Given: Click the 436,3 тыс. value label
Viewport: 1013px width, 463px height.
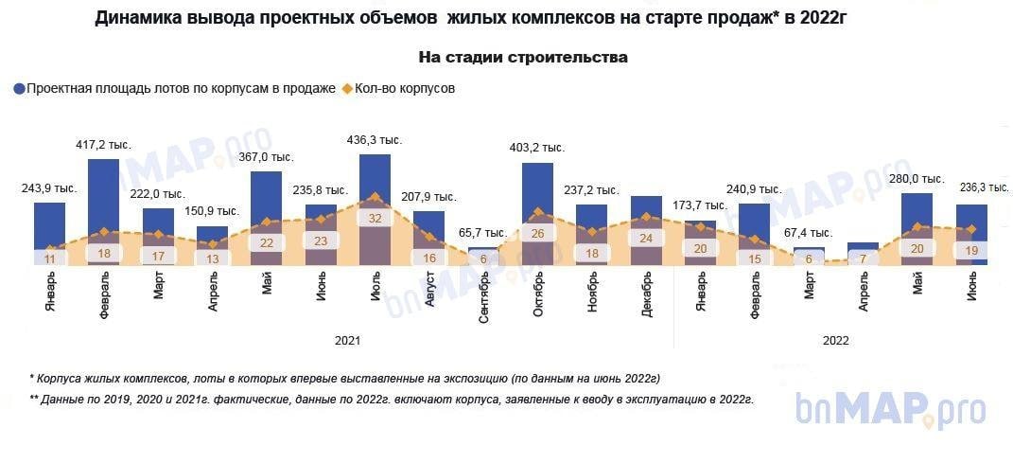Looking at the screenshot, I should pyautogui.click(x=376, y=140).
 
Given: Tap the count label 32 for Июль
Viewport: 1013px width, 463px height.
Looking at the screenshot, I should pyautogui.click(x=376, y=218).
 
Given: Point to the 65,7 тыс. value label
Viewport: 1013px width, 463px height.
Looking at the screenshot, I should pyautogui.click(x=482, y=233).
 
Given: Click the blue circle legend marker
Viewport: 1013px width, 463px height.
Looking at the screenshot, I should pyautogui.click(x=19, y=88).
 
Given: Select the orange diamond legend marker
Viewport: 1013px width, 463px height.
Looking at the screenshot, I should pyautogui.click(x=347, y=88).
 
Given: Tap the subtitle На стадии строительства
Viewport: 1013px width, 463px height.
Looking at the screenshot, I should pyautogui.click(x=523, y=58).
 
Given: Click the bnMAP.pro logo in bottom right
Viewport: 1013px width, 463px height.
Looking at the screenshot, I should pyautogui.click(x=891, y=410).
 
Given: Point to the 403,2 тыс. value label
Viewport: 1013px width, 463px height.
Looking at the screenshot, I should pyautogui.click(x=537, y=148).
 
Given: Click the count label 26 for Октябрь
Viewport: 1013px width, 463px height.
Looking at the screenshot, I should pyautogui.click(x=537, y=233).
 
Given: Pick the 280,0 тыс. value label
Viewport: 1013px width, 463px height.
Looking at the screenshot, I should pyautogui.click(x=917, y=179).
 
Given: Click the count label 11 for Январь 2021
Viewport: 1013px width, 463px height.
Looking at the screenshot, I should pyautogui.click(x=50, y=258).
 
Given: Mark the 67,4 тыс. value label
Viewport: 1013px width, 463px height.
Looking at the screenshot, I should pyautogui.click(x=808, y=233).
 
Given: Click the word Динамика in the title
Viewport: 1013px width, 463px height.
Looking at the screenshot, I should pyautogui.click(x=138, y=19).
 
